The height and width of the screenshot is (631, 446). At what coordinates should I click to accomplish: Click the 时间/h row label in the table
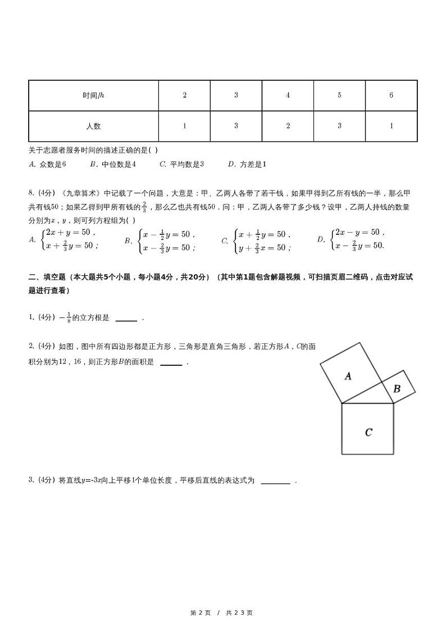coord(93,96)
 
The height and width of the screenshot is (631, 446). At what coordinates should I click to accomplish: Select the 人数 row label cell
coord(93,126)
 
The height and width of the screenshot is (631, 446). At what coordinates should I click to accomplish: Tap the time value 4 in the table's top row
coord(288,96)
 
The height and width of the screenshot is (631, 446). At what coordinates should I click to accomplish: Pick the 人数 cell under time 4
coord(288,126)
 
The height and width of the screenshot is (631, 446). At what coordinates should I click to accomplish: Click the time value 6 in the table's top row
coord(391,96)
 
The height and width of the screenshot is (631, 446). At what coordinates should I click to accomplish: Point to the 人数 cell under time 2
coord(184,126)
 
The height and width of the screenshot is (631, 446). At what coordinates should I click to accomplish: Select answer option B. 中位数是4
coord(113,164)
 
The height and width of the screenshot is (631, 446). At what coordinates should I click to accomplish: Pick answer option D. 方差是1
coord(247,164)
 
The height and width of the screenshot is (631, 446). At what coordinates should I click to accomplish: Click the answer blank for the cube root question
coord(126,319)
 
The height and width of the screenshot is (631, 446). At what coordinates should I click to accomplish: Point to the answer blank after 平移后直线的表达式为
coord(275,481)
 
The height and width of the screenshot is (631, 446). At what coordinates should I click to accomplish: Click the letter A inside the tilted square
coord(348,376)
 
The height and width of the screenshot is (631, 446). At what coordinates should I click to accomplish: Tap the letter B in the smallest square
coord(397,388)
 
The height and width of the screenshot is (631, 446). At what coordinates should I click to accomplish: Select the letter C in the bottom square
coord(368,432)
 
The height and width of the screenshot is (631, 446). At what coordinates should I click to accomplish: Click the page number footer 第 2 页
coord(201,612)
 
